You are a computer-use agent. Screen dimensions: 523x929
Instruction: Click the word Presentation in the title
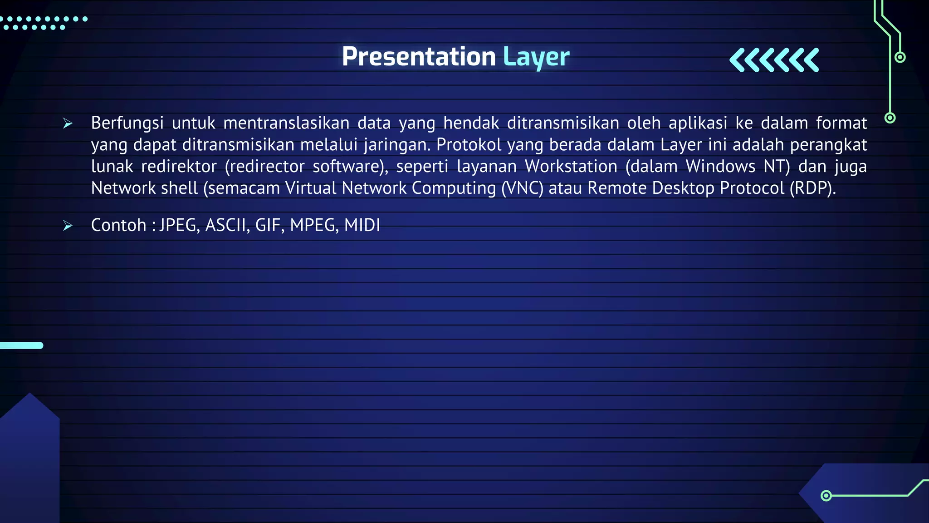[x=418, y=57]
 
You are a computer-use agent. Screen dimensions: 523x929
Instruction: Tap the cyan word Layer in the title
[x=536, y=58]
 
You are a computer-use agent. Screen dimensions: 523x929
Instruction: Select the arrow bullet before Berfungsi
[x=68, y=123]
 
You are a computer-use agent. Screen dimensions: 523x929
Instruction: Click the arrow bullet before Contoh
[x=68, y=226]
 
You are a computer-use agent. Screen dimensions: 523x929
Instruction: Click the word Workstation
[x=571, y=167]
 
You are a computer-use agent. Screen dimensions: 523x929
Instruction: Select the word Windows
[x=720, y=167]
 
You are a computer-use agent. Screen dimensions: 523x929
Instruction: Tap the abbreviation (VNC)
[x=522, y=188]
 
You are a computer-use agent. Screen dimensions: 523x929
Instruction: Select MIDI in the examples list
[x=362, y=226]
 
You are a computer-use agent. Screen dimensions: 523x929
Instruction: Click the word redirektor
[x=179, y=167]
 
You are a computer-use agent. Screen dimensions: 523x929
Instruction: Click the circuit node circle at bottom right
[x=826, y=495]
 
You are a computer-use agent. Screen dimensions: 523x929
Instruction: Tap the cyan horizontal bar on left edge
[x=21, y=345]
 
